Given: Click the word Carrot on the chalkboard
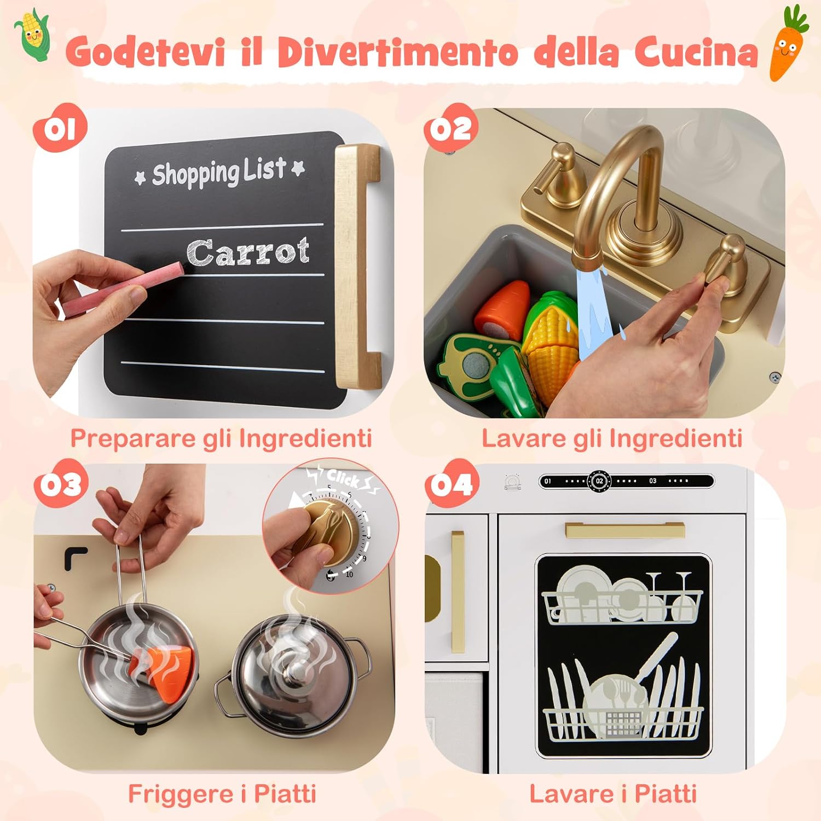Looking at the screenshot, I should tap(247, 252).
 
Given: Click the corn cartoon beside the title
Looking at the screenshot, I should tap(33, 34).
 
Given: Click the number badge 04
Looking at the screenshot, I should tap(451, 485).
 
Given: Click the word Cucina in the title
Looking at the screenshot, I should tap(696, 53).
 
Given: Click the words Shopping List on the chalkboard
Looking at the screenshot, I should tap(219, 172).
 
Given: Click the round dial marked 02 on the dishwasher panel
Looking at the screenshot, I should tap(599, 481).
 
